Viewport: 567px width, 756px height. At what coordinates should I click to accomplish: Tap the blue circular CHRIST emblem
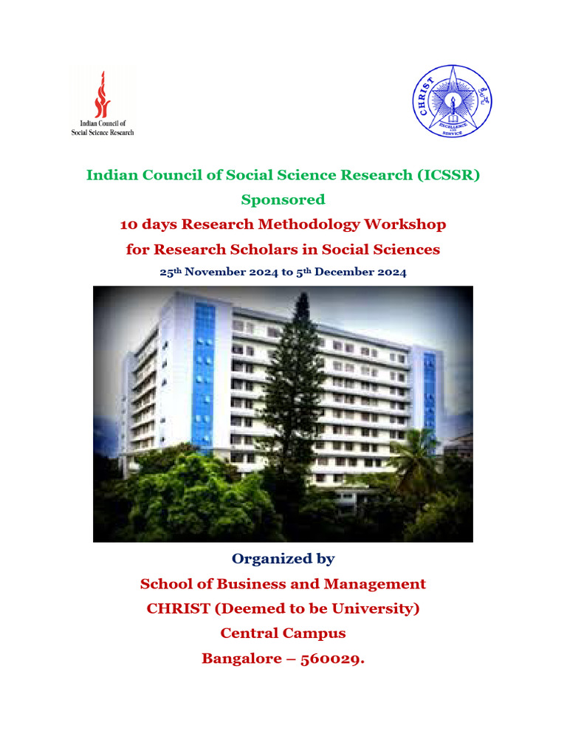click(452, 101)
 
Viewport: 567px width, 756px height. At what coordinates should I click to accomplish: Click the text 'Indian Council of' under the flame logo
click(103, 123)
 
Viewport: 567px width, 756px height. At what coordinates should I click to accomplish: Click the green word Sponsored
click(283, 199)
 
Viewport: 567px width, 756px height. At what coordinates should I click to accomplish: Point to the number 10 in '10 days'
click(128, 224)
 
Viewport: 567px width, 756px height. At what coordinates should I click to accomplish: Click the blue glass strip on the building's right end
click(429, 391)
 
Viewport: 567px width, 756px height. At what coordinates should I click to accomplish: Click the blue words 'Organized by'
click(283, 559)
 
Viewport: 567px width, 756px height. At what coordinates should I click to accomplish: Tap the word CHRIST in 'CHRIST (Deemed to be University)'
click(178, 608)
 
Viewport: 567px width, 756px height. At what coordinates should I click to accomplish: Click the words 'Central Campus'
click(283, 633)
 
